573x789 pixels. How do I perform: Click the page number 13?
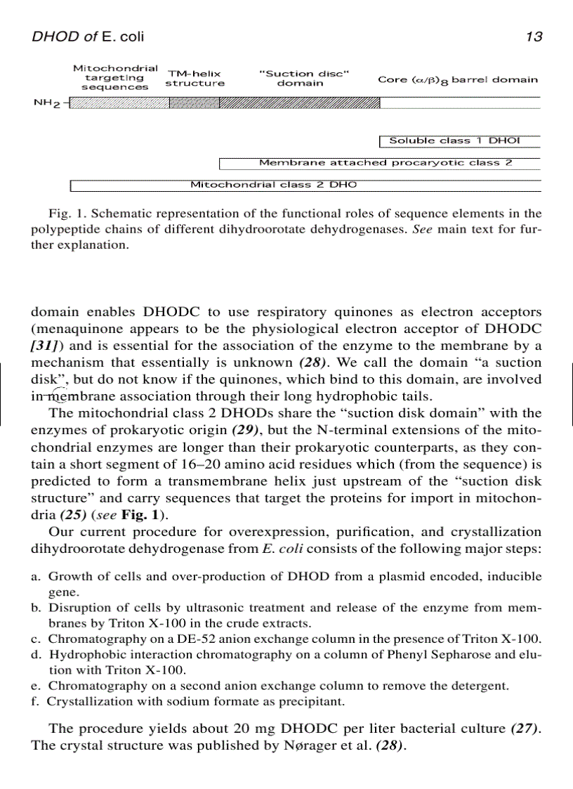[534, 37]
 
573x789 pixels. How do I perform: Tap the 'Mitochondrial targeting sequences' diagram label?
[115, 77]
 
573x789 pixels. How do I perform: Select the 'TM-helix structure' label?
[195, 78]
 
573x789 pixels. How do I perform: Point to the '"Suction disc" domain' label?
[300, 78]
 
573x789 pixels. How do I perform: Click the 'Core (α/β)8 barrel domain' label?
[458, 79]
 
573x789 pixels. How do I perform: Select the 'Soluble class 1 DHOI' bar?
[459, 141]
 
